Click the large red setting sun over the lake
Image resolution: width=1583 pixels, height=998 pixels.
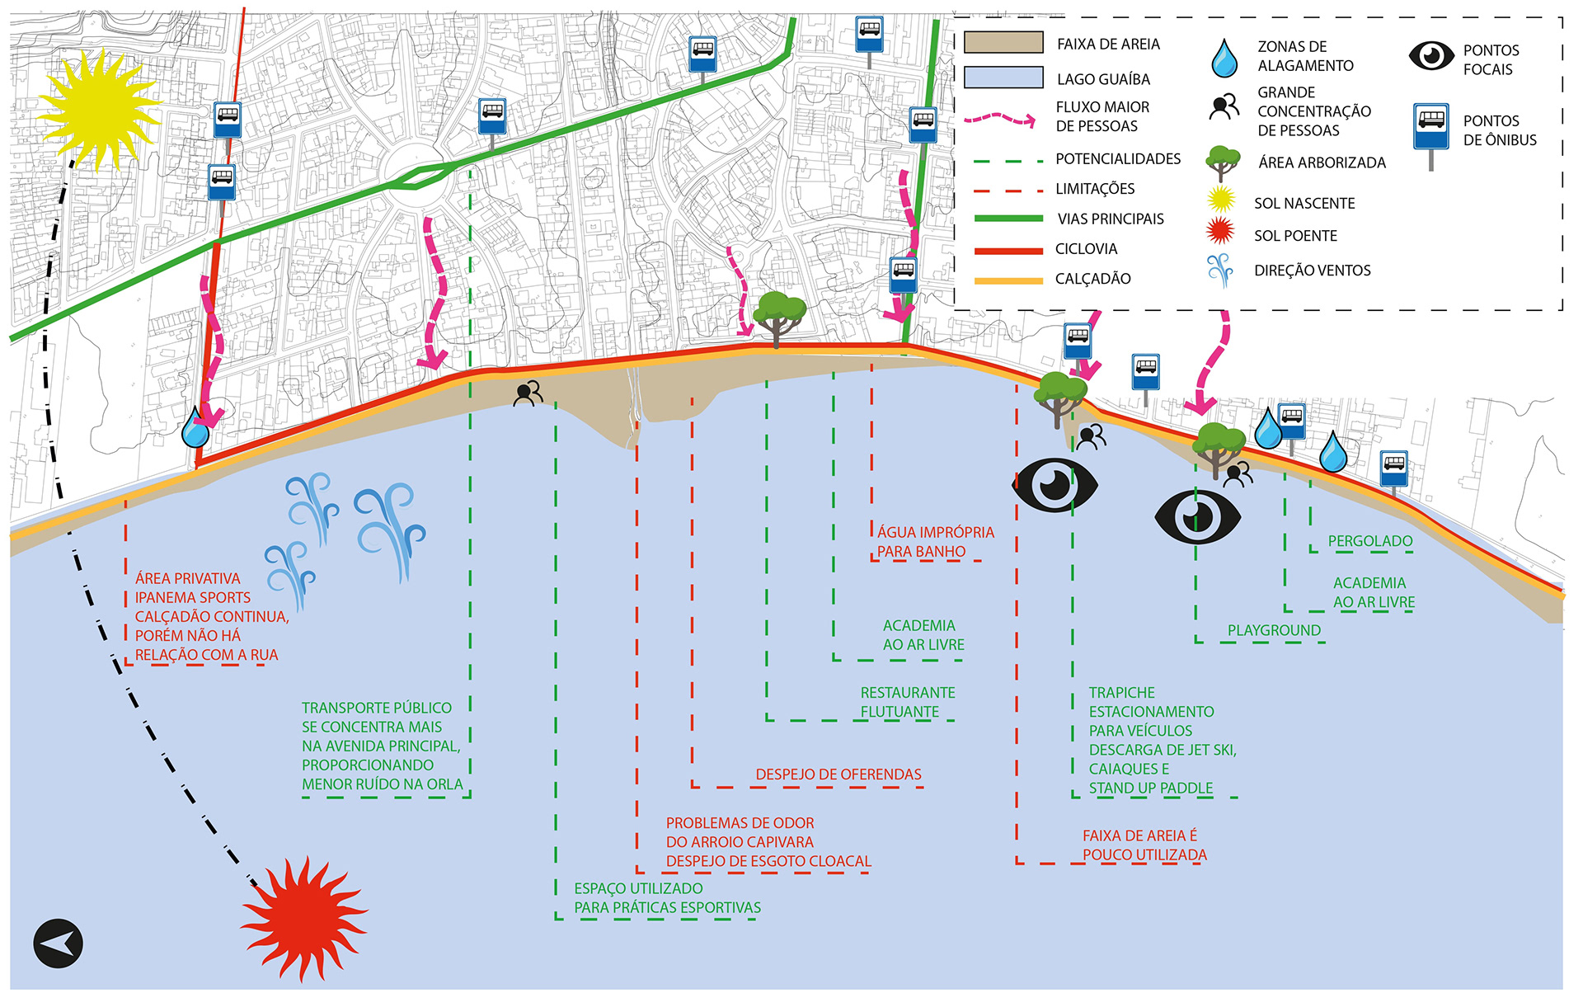pyautogui.click(x=303, y=917)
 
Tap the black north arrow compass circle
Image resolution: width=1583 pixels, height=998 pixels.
pyautogui.click(x=58, y=943)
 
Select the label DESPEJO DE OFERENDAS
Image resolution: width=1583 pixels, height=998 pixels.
pyautogui.click(x=838, y=774)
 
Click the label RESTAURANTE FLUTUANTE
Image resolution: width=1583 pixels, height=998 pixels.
pyautogui.click(x=907, y=702)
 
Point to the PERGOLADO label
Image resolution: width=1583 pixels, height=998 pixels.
pyautogui.click(x=1369, y=541)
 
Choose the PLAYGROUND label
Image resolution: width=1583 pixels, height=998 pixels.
pyautogui.click(x=1273, y=630)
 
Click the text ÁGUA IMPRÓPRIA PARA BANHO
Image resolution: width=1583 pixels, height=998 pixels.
pyautogui.click(x=935, y=542)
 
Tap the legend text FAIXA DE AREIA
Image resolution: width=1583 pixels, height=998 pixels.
pyautogui.click(x=1108, y=45)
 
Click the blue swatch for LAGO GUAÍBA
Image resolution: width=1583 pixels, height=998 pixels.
pyautogui.click(x=1003, y=78)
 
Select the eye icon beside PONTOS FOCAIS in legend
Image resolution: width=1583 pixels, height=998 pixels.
pyautogui.click(x=1430, y=56)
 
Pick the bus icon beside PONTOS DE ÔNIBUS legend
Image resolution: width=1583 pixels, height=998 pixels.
pyautogui.click(x=1430, y=129)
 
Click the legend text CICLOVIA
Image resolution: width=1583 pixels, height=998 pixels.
pyautogui.click(x=1086, y=249)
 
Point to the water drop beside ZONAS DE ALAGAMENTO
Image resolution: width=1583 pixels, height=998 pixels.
pyautogui.click(x=1224, y=58)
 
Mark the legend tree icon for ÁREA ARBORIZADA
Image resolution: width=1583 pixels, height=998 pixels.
pyautogui.click(x=1222, y=162)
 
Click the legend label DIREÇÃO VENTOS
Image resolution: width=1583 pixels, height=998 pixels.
pyautogui.click(x=1312, y=271)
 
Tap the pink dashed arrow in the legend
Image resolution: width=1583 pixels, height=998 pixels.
pyautogui.click(x=1000, y=120)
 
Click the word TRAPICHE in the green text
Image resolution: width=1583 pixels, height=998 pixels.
pyautogui.click(x=1121, y=693)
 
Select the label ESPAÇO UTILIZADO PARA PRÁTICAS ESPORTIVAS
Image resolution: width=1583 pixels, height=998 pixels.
pyautogui.click(x=667, y=898)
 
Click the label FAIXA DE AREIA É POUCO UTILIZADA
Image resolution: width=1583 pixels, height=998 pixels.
pyautogui.click(x=1144, y=845)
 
